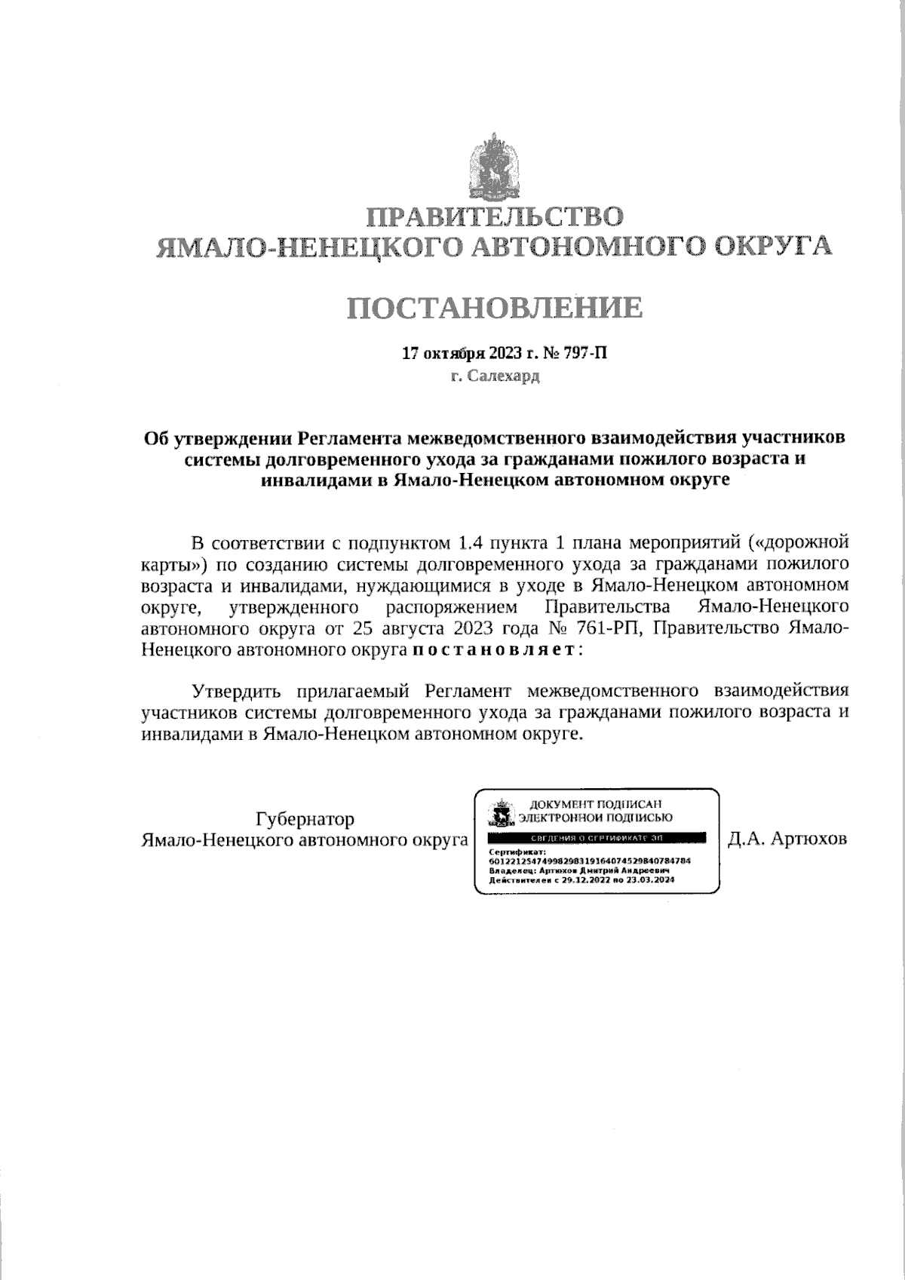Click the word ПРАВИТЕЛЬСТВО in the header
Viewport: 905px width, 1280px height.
pos(495,217)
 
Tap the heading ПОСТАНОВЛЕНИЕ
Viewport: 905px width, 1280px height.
pos(495,308)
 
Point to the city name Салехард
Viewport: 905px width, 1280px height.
pos(502,376)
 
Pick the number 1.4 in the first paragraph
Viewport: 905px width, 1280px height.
pos(470,543)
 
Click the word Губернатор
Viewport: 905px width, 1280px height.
pos(305,819)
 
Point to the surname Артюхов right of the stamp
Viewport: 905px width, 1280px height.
pos(808,840)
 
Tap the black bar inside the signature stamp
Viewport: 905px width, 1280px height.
pos(597,838)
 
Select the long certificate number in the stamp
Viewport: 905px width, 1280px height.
pos(591,861)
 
